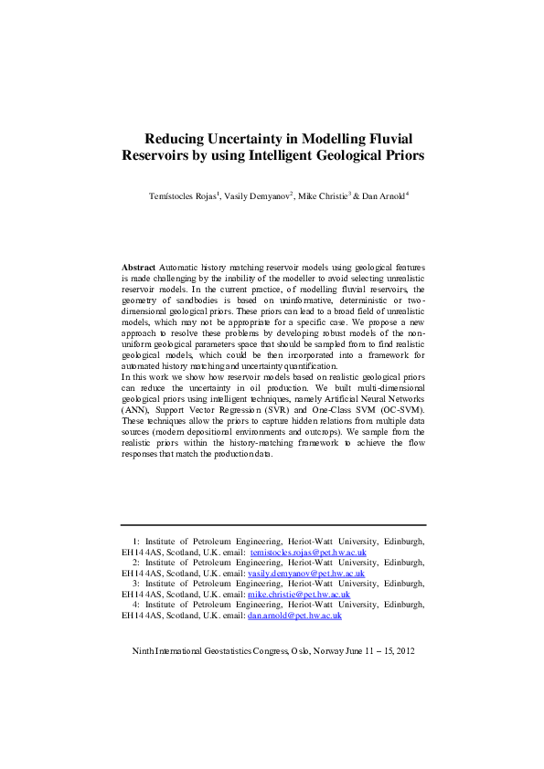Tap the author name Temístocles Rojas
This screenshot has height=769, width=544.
182,197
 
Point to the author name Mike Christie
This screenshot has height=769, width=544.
322,197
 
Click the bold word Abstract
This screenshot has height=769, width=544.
138,267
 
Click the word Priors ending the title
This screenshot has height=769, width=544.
403,155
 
